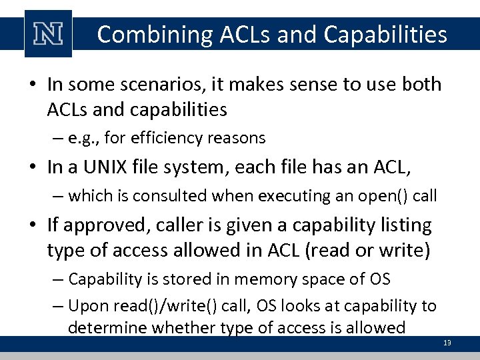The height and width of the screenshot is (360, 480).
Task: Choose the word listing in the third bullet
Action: (403, 225)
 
